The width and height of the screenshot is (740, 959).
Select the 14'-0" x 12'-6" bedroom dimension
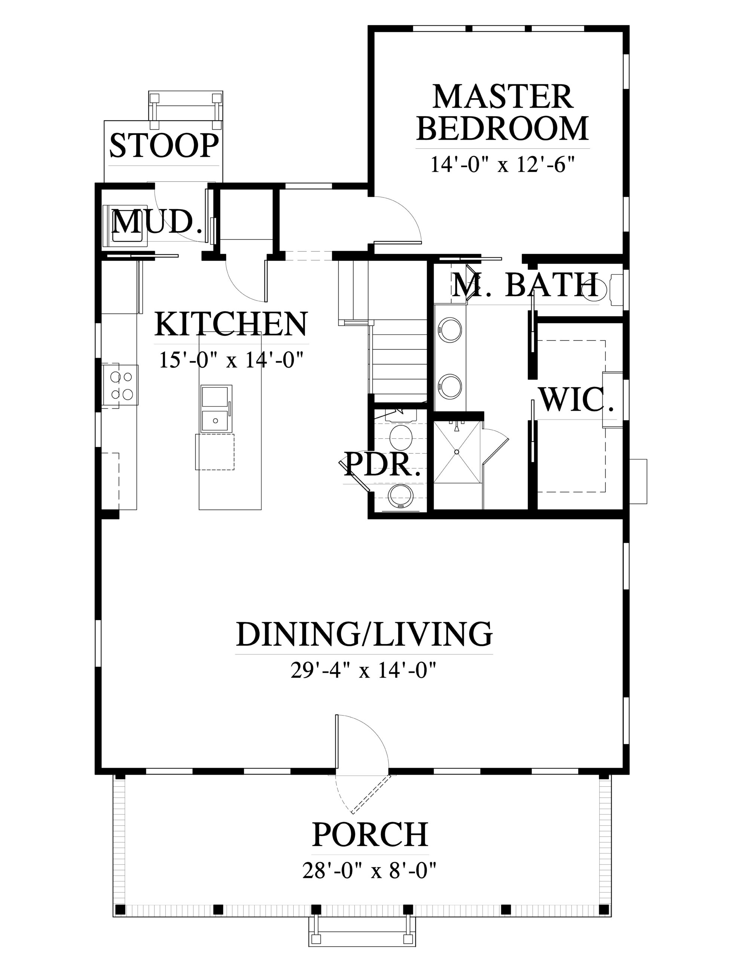[503, 165]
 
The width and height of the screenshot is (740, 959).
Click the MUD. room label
[157, 222]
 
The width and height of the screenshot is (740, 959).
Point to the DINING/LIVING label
[364, 633]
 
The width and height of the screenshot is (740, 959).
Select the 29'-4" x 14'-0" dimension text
[364, 671]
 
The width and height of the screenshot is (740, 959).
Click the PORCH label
[369, 835]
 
